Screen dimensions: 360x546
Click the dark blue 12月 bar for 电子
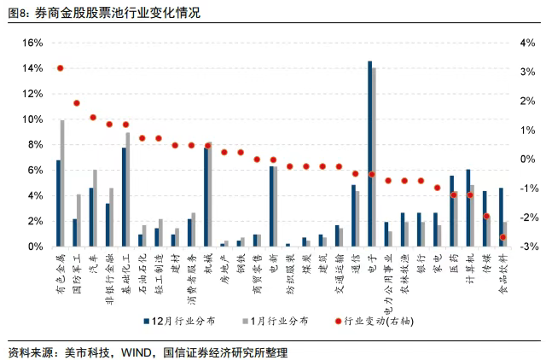pos(369,154)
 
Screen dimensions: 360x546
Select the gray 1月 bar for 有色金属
pos(62,183)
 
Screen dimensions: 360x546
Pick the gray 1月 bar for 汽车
pos(95,208)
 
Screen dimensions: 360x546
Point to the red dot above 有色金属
pos(60,68)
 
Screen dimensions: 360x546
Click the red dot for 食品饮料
pos(502,237)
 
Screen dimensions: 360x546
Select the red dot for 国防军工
pos(76,102)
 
